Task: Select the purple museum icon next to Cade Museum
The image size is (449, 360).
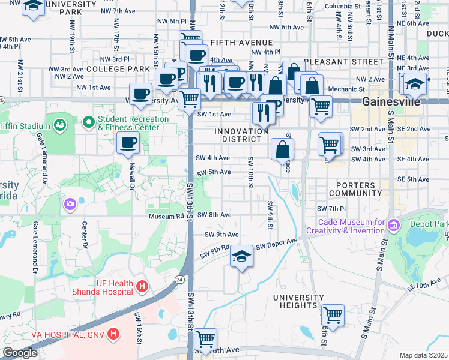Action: (x=394, y=226)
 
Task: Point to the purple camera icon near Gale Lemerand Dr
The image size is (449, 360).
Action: (x=71, y=205)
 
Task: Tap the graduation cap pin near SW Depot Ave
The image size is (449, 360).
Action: (x=241, y=256)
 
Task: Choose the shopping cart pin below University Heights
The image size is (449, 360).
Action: (x=332, y=314)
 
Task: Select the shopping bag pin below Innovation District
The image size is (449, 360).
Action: (x=282, y=149)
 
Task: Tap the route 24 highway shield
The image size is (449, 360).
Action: (x=179, y=279)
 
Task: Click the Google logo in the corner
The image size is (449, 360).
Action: (x=20, y=353)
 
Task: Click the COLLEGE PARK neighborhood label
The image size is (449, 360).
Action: (x=118, y=69)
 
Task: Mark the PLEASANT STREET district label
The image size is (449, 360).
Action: (x=343, y=62)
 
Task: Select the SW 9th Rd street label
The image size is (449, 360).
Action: (x=220, y=247)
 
